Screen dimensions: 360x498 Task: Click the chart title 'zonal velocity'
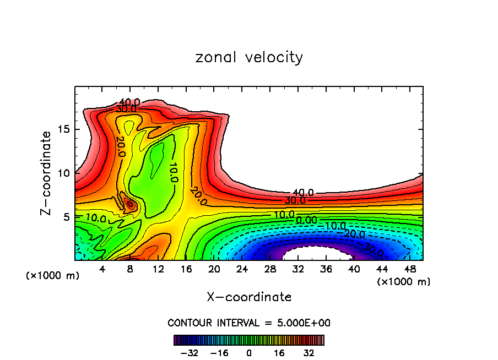[x=249, y=57]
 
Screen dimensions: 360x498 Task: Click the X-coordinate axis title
[x=249, y=297]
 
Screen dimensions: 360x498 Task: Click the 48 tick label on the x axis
[x=409, y=269]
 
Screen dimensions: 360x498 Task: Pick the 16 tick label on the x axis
[x=186, y=269]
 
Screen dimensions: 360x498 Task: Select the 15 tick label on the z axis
[x=62, y=130]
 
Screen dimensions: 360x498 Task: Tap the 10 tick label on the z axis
[x=62, y=173]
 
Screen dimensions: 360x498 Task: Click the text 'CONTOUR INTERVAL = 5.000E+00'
[x=249, y=323]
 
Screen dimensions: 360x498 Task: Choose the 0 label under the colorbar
[x=249, y=352]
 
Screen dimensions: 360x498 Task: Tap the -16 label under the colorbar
[x=219, y=352]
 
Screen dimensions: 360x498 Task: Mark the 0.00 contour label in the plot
[x=306, y=220]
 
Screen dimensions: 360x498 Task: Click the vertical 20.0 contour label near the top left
[x=121, y=146]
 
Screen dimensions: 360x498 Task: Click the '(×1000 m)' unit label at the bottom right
[x=404, y=282]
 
